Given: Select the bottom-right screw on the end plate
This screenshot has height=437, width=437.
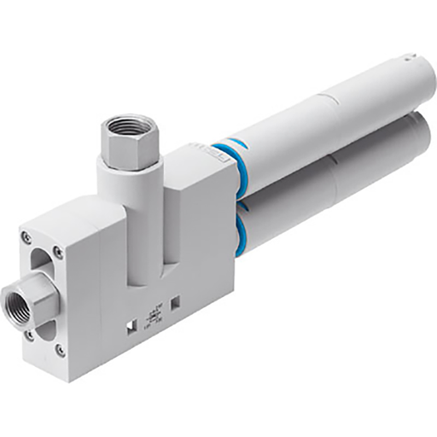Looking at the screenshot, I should [60, 350].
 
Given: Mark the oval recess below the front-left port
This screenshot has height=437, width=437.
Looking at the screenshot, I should [44, 329].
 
